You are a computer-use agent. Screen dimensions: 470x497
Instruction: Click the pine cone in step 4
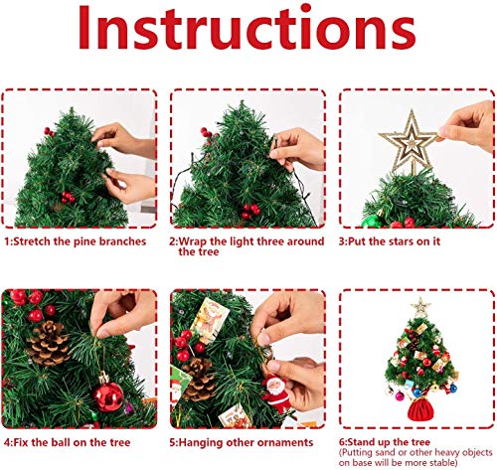click(x=48, y=343)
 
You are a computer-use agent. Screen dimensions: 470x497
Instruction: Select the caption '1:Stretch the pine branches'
click(x=75, y=240)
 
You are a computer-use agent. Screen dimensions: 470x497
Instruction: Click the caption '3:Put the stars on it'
click(x=396, y=240)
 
